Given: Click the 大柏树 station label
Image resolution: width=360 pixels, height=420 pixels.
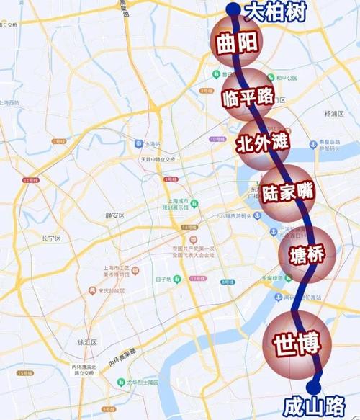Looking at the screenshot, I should tap(276, 12).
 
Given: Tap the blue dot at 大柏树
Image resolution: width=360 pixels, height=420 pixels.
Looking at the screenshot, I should tap(233, 9).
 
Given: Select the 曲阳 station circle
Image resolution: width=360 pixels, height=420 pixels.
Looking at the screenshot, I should tap(235, 43).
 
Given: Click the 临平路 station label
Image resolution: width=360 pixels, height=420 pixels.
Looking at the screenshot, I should tap(248, 97).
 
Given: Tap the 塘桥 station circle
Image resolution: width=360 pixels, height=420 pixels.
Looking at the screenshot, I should tap(306, 254).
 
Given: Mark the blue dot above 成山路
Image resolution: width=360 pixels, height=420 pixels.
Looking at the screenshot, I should tap(315, 388).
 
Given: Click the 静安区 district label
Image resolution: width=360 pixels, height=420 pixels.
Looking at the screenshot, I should tap(115, 215).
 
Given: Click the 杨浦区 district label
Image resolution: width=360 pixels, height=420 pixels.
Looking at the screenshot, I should tap(336, 114).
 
